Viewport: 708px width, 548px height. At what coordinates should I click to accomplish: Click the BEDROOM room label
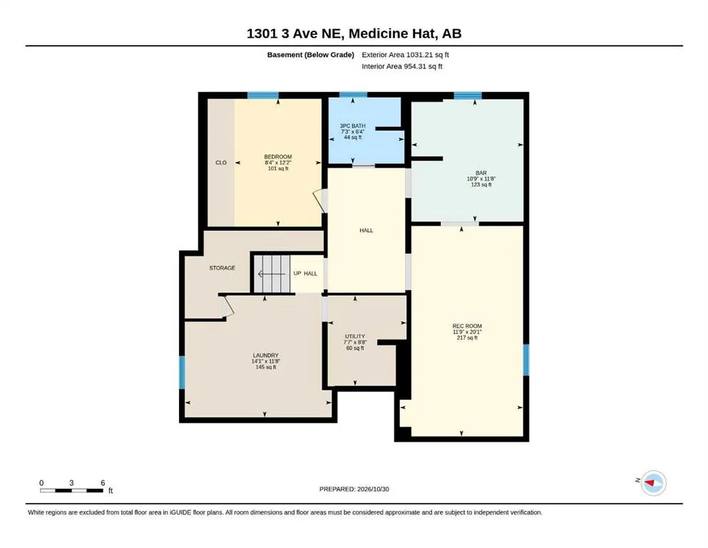[277, 157]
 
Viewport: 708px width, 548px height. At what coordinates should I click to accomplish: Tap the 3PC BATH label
[353, 126]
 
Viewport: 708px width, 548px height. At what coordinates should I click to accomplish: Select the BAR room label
[481, 173]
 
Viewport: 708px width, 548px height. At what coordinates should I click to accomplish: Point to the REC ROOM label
[467, 326]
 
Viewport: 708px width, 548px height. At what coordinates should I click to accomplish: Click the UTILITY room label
[355, 337]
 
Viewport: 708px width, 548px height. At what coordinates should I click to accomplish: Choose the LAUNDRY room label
[265, 355]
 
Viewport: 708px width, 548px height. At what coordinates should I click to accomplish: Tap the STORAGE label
[222, 268]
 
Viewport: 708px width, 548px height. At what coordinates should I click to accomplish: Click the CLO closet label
[221, 163]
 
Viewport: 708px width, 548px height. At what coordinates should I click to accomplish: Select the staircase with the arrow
[272, 274]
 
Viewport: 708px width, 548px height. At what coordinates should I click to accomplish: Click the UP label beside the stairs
[297, 273]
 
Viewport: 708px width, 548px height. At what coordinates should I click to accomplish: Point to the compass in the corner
[653, 483]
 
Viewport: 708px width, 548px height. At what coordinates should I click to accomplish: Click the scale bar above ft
[71, 490]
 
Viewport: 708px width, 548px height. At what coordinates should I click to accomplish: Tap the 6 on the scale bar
[103, 483]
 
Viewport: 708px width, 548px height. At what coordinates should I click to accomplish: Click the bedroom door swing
[320, 201]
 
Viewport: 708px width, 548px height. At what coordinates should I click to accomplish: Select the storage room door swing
[228, 306]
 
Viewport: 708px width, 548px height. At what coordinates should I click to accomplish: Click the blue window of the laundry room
[182, 372]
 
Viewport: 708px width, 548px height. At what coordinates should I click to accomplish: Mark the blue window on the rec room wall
[526, 360]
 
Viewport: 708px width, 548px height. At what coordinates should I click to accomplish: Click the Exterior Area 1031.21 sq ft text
[405, 55]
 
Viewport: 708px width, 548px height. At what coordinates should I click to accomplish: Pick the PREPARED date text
[354, 489]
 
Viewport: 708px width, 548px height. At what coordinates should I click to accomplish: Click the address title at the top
[354, 34]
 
